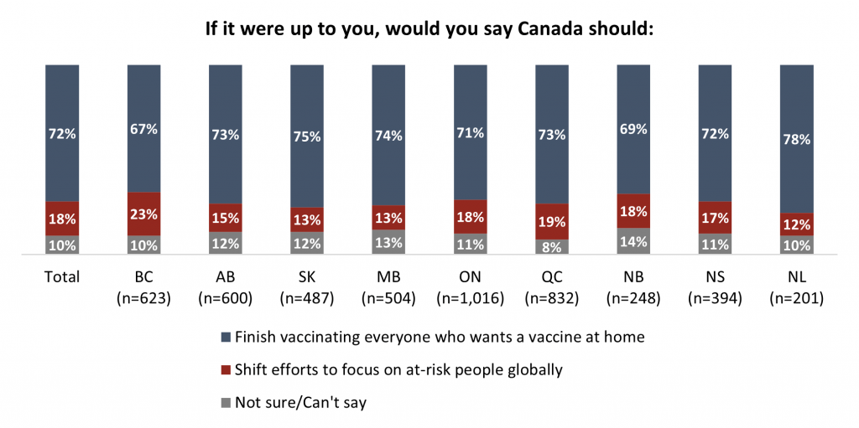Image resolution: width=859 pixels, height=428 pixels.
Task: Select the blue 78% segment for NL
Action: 796,138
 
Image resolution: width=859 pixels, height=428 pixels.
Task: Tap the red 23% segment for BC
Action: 143,214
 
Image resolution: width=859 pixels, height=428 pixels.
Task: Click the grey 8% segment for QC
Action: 551,247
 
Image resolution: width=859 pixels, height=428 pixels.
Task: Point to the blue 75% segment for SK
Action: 307,136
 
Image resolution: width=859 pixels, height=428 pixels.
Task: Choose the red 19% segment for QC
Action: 551,222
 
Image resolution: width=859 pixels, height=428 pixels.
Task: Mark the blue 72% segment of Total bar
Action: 62,132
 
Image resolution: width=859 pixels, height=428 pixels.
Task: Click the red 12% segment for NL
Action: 796,224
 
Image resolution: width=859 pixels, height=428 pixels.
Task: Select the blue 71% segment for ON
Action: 470,131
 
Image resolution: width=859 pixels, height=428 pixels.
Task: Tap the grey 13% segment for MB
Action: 388,242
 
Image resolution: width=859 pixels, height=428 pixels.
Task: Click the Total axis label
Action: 62,276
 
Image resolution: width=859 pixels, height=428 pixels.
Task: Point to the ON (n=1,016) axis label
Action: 470,286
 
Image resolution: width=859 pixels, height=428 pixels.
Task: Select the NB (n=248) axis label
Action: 633,286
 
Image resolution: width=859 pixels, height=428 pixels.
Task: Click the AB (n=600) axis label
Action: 225,286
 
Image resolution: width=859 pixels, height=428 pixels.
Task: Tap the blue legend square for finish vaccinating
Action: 225,338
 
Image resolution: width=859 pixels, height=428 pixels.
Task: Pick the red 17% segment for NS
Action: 715,217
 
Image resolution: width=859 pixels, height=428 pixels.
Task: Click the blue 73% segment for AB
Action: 225,134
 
